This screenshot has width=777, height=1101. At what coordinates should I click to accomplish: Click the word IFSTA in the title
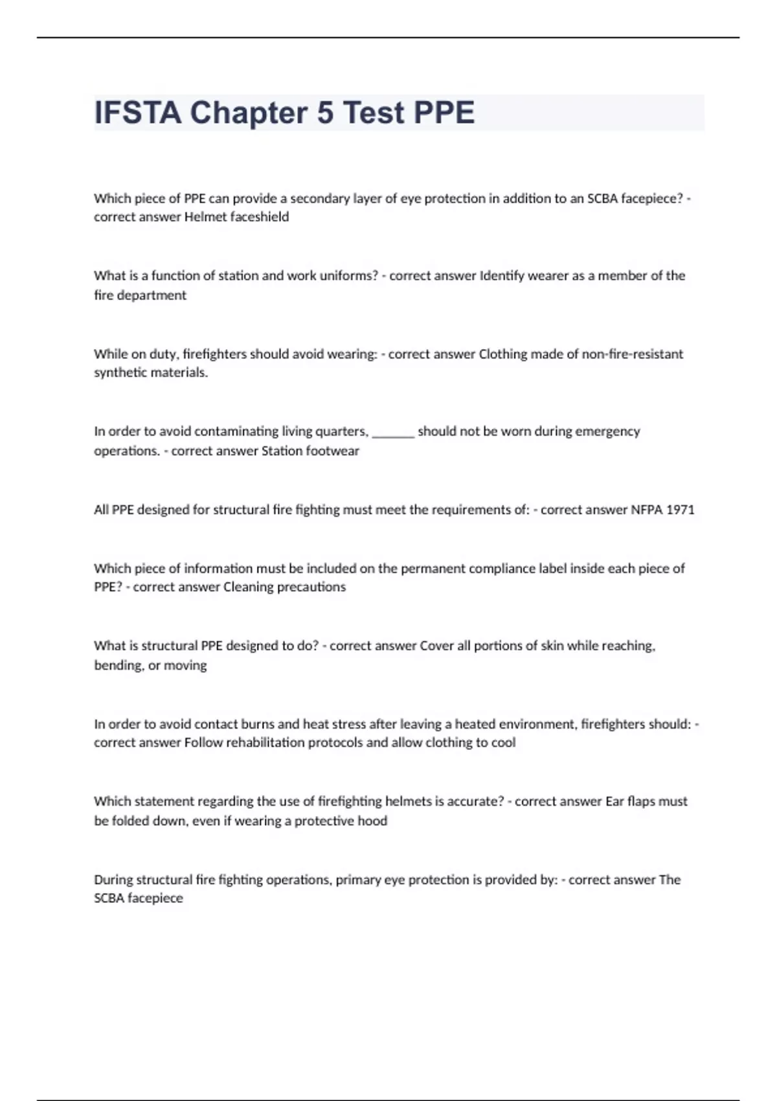tap(138, 113)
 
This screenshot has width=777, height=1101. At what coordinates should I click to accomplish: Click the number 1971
tap(680, 510)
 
